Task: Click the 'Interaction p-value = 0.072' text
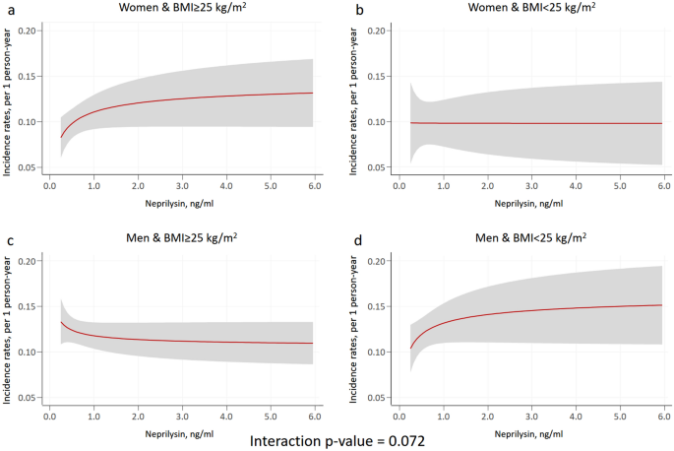337,440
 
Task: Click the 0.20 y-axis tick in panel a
30,31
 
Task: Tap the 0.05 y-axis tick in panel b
374,168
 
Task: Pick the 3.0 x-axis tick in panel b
530,185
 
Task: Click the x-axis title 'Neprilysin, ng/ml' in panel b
529,204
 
